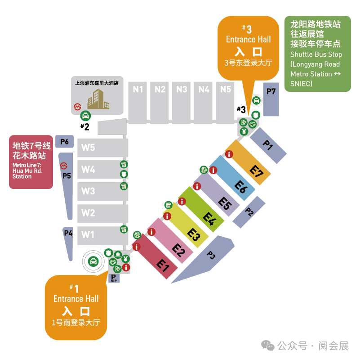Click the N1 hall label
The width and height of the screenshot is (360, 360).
(x=138, y=90)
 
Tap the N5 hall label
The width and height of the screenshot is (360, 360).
(x=226, y=90)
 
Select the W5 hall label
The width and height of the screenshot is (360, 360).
(x=88, y=148)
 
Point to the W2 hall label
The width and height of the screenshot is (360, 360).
(x=88, y=213)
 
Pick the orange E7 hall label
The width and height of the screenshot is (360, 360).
(x=257, y=171)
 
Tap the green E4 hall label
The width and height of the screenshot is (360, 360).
(x=209, y=219)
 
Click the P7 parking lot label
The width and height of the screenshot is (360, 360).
(x=271, y=92)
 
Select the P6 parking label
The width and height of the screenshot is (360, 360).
(x=65, y=142)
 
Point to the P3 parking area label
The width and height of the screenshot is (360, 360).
(x=211, y=255)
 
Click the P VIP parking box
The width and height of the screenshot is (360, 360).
(x=114, y=278)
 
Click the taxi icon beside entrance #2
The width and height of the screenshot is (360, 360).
(x=85, y=116)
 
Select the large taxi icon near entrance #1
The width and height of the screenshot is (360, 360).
(x=93, y=261)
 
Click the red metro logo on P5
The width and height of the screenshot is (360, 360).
(x=64, y=166)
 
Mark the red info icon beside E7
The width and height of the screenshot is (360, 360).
(x=229, y=154)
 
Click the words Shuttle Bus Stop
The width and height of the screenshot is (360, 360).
(x=316, y=54)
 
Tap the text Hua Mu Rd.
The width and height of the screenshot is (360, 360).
(x=27, y=171)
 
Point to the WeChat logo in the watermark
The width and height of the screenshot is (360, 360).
(x=268, y=346)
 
